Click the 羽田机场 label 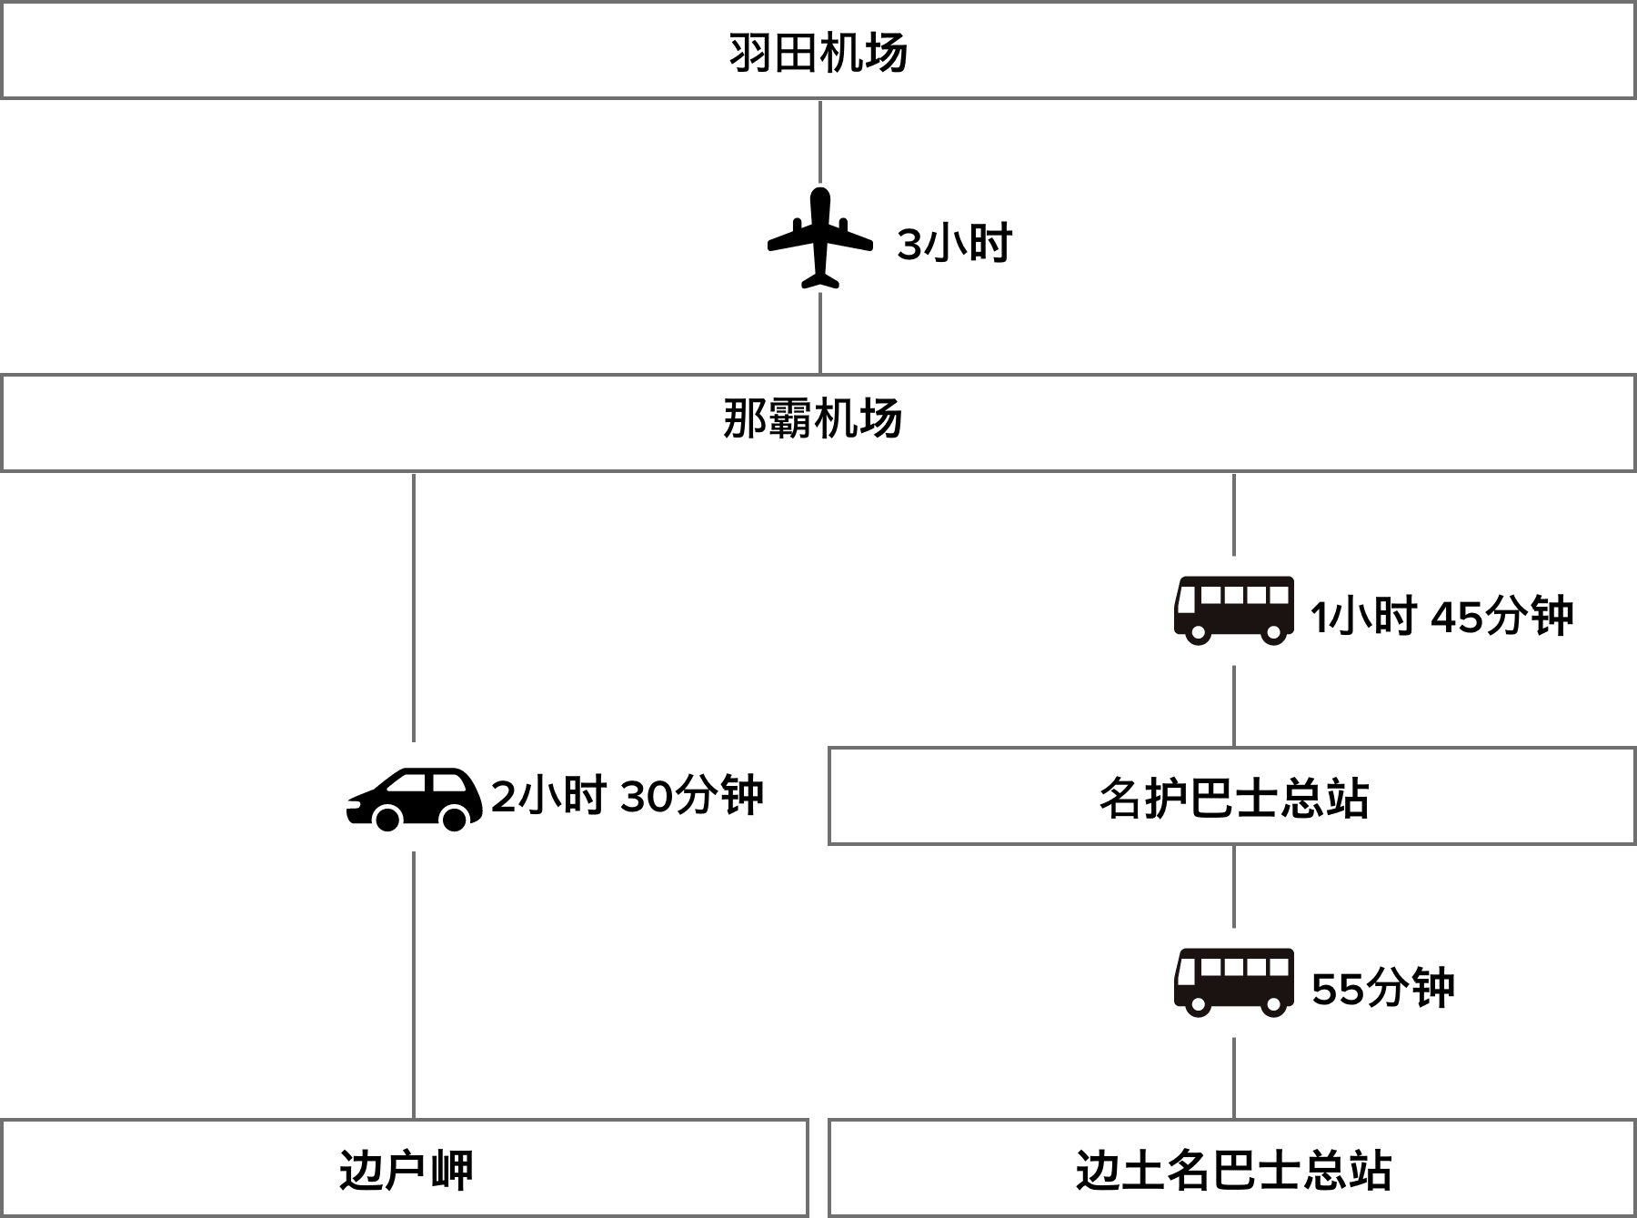[x=818, y=53]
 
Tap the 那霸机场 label [x=812, y=420]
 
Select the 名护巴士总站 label [x=1233, y=798]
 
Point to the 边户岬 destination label [x=406, y=1170]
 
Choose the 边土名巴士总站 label [x=1233, y=1170]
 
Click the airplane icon [x=819, y=237]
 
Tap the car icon [x=414, y=797]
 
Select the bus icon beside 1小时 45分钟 [x=1233, y=610]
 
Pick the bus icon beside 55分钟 [x=1233, y=982]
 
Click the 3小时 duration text [x=955, y=244]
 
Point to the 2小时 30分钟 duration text [x=628, y=797]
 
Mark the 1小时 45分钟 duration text [x=1441, y=616]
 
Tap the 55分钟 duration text [x=1382, y=988]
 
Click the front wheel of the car [x=387, y=818]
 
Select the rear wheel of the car [x=454, y=818]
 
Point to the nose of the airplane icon [x=819, y=194]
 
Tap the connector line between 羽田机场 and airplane [x=820, y=141]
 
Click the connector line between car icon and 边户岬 [x=414, y=982]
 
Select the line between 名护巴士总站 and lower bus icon [x=1233, y=886]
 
